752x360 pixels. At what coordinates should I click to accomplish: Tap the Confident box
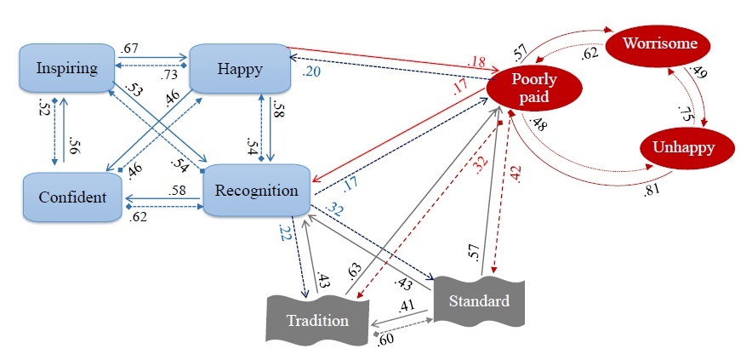(x=72, y=197)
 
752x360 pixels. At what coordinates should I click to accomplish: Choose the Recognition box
(x=254, y=190)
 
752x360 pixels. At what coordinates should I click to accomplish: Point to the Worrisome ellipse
(x=658, y=43)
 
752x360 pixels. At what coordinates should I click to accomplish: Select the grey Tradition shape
(x=316, y=320)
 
